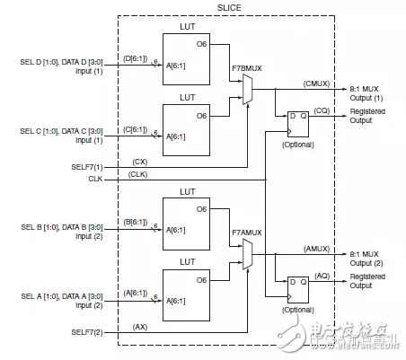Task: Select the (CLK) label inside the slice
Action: point(140,174)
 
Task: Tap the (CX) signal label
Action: point(139,161)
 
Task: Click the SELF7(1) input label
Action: point(87,167)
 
